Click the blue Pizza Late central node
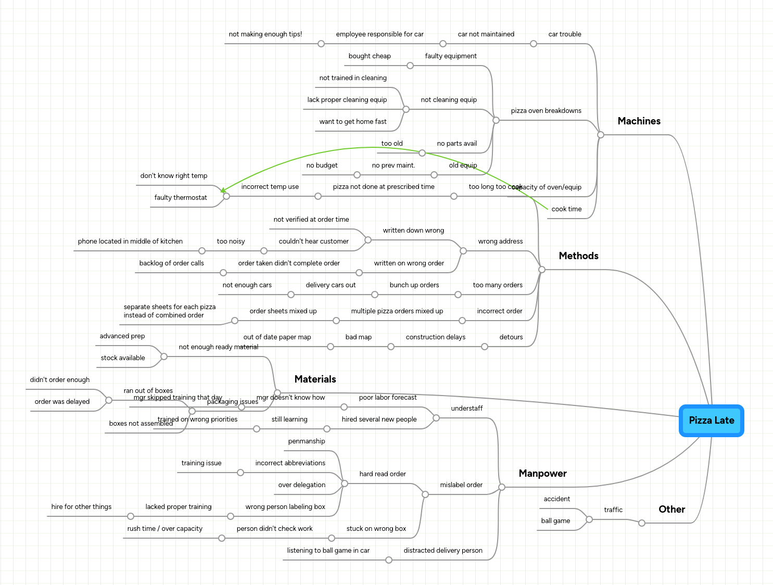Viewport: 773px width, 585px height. point(711,421)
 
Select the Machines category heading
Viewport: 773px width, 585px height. point(639,121)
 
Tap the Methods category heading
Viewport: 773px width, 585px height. point(578,256)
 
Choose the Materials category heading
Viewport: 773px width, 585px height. point(315,379)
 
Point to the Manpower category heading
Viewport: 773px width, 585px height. point(542,474)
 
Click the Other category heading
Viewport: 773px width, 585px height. point(671,510)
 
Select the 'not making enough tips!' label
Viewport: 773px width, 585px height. point(265,34)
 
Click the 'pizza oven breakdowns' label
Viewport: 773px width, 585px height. point(546,111)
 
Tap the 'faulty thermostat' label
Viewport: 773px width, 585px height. point(181,198)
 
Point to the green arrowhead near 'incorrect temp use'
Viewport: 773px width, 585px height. point(223,191)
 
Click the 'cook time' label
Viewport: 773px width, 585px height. point(566,209)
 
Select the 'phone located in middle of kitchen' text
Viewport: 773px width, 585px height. point(130,241)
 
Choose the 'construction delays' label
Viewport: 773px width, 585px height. point(435,337)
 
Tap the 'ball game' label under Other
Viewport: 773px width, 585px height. point(555,521)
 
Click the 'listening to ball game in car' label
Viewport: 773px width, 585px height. point(328,551)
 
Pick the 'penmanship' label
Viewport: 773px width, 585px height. point(306,441)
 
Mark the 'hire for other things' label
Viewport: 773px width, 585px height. point(81,507)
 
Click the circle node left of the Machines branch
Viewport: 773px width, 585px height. point(601,135)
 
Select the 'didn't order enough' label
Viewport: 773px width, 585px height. point(59,380)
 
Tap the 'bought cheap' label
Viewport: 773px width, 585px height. point(370,56)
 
